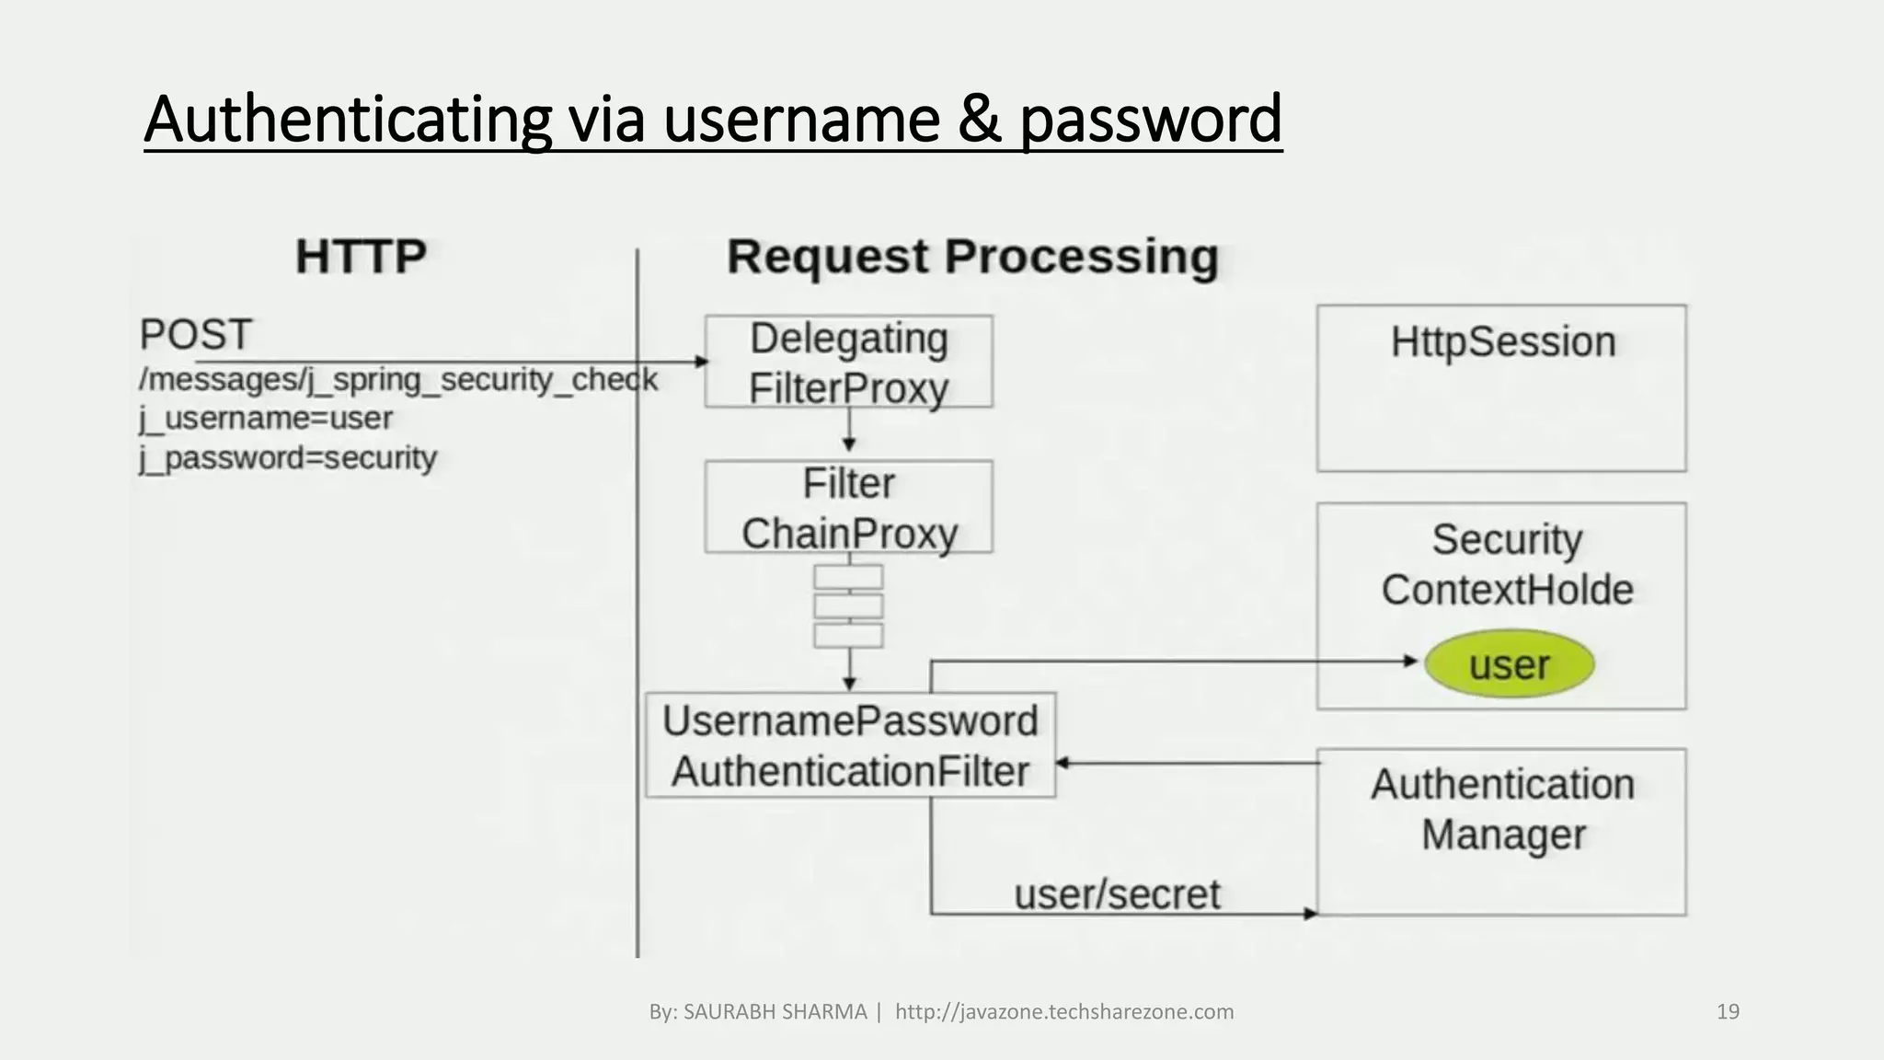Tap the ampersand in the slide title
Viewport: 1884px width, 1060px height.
pyautogui.click(x=979, y=120)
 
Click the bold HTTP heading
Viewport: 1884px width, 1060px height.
pyautogui.click(x=361, y=257)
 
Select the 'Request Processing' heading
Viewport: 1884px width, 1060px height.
pyautogui.click(x=972, y=257)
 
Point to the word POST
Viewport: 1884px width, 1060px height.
pyautogui.click(x=195, y=335)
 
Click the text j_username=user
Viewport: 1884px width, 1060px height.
pyautogui.click(x=266, y=419)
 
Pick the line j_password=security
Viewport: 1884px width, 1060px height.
pyautogui.click(x=288, y=458)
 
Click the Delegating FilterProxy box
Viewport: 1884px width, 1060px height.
pyautogui.click(x=848, y=363)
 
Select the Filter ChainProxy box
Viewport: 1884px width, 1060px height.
pyautogui.click(x=848, y=508)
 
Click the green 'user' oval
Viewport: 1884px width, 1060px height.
pyautogui.click(x=1509, y=664)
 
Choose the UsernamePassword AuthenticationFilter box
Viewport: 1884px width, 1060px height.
pyautogui.click(x=850, y=745)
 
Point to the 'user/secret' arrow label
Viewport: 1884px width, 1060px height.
pyautogui.click(x=1117, y=894)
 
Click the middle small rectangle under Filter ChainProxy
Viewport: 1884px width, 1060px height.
pyautogui.click(x=848, y=606)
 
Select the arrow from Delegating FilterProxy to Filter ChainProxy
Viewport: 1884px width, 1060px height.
pyautogui.click(x=849, y=430)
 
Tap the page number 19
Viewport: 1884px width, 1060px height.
pyautogui.click(x=1728, y=1012)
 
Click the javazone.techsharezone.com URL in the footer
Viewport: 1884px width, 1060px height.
pyautogui.click(x=1064, y=1012)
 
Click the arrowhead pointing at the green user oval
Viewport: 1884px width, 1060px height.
pyautogui.click(x=1410, y=661)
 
